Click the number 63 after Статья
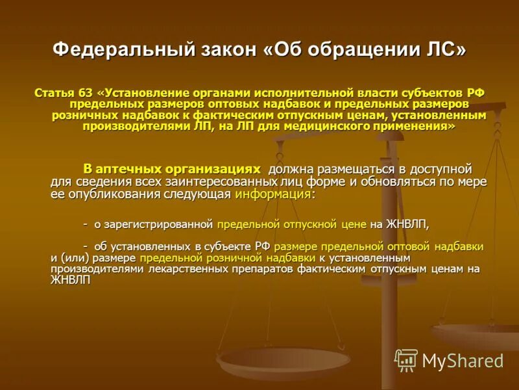[86, 94]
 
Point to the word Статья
[54, 94]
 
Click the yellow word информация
[273, 194]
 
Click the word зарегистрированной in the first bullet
[160, 224]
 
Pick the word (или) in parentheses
[80, 258]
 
